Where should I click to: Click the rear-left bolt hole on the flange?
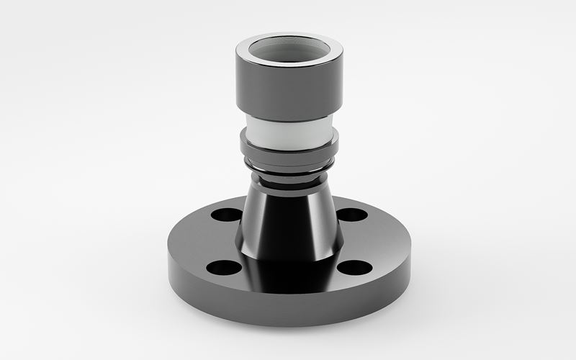tap(228, 215)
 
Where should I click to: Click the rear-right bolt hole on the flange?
tap(352, 215)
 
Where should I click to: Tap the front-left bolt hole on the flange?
tap(223, 268)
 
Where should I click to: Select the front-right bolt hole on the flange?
tap(354, 268)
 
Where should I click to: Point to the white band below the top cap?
tap(288, 131)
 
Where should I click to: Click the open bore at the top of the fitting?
tap(289, 55)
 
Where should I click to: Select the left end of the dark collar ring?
tap(243, 144)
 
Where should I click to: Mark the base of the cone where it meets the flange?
tap(288, 258)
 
